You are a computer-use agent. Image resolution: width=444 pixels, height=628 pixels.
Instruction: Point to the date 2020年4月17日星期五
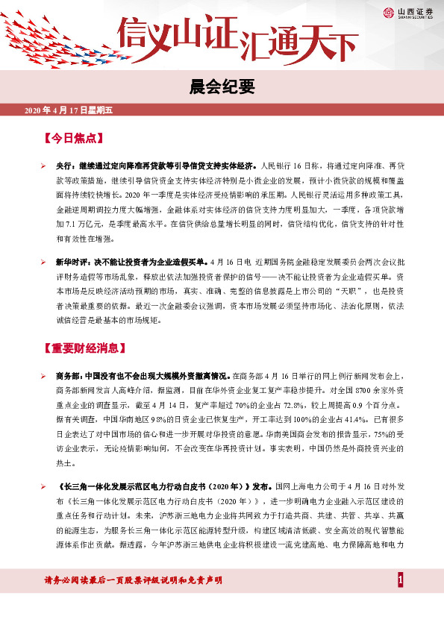click(68, 111)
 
